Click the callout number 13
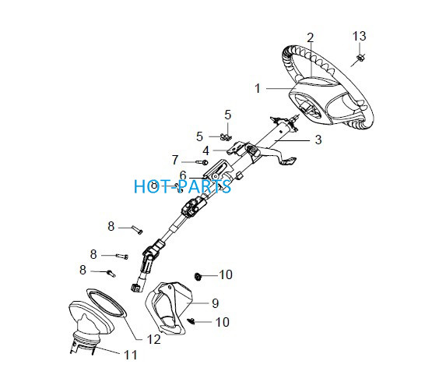(x=359, y=36)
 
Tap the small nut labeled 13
(x=360, y=58)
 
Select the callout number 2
(x=311, y=38)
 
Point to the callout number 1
(x=258, y=88)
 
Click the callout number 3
(x=318, y=140)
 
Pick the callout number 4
(x=205, y=151)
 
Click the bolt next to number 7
(x=202, y=162)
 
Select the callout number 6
(x=183, y=175)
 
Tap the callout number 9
(x=215, y=303)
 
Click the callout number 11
(x=131, y=355)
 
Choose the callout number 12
(x=153, y=339)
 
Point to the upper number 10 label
(x=226, y=275)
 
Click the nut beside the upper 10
(x=198, y=276)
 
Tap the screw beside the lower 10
(x=191, y=321)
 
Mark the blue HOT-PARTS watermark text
(x=183, y=186)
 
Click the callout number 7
(x=175, y=160)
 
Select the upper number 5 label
(x=227, y=115)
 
